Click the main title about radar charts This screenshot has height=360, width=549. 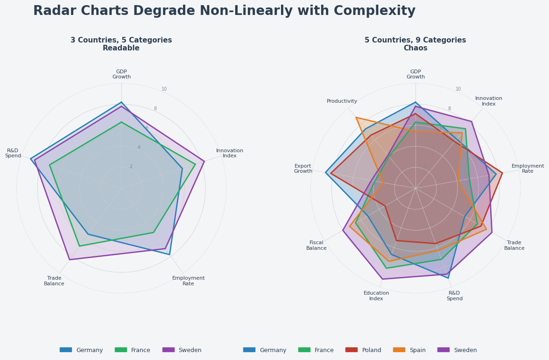(x=224, y=11)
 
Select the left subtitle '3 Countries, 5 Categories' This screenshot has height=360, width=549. (x=121, y=41)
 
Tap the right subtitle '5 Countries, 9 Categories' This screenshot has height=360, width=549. (x=415, y=41)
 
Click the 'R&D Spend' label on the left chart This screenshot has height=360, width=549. (x=13, y=153)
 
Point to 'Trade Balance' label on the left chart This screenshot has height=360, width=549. (x=54, y=281)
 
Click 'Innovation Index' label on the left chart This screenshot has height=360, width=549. (x=229, y=153)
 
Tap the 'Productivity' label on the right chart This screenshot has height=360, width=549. (x=342, y=101)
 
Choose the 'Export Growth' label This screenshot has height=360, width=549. (x=303, y=169)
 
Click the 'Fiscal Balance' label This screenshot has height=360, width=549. (x=316, y=245)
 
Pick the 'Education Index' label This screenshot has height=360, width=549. (x=376, y=296)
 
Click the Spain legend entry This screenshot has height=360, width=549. (x=417, y=350)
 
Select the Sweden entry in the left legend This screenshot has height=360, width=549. (x=190, y=350)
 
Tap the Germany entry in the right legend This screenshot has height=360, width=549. (x=273, y=350)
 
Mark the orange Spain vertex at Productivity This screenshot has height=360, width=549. (x=356, y=118)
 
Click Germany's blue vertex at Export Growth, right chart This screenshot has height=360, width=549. (x=325, y=173)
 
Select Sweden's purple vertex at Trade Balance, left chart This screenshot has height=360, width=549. (x=69, y=260)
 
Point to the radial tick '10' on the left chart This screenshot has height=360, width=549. (x=164, y=89)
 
